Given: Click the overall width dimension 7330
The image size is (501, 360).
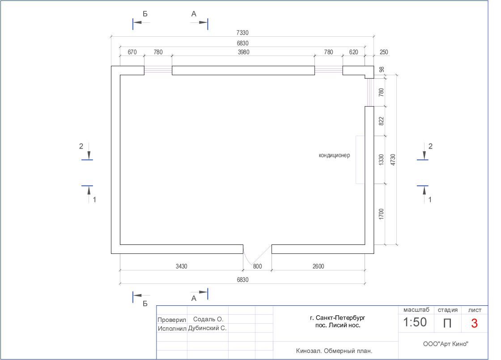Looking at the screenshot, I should (242, 33).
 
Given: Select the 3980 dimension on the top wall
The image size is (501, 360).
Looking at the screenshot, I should (243, 52).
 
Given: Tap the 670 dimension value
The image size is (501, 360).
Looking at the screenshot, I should (132, 52).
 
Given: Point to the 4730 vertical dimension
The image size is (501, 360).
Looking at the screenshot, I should (393, 160).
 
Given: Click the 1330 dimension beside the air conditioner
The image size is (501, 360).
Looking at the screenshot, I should (381, 160).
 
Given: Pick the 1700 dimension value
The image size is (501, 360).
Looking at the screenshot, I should (381, 214).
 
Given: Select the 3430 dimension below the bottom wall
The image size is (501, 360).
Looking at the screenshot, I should (181, 266).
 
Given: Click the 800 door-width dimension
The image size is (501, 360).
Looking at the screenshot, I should (257, 266).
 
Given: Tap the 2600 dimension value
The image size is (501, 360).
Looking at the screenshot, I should (318, 266).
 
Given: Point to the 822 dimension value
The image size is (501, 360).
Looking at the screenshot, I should (381, 121).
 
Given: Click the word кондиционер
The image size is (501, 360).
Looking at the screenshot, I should (334, 155).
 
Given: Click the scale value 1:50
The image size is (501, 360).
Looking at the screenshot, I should (415, 322).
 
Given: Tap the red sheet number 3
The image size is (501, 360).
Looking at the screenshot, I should (474, 323).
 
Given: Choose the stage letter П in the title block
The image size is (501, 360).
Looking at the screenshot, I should (447, 323).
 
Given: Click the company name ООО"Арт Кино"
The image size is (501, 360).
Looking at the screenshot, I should (445, 344).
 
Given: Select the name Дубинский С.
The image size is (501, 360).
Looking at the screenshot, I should (208, 328).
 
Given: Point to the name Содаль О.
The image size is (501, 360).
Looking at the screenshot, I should (208, 319).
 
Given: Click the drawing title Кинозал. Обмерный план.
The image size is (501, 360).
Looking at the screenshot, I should (334, 351).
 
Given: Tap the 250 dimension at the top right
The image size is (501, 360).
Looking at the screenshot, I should (384, 52).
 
